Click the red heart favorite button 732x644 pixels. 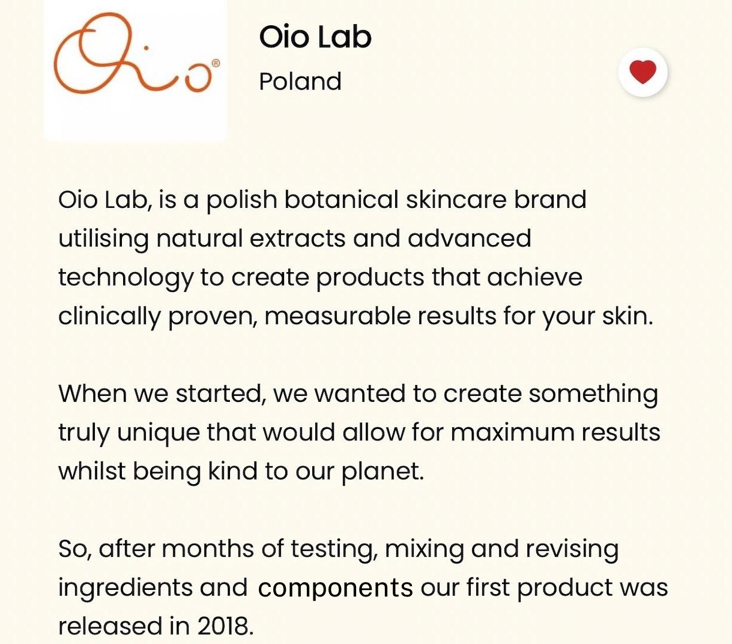643,72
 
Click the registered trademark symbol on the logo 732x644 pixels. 216,63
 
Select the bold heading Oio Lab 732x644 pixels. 315,37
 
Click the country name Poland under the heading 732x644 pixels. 300,81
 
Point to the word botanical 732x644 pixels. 341,200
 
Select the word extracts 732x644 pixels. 297,239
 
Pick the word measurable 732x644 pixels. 338,316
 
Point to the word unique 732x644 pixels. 159,434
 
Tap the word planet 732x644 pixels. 383,472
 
